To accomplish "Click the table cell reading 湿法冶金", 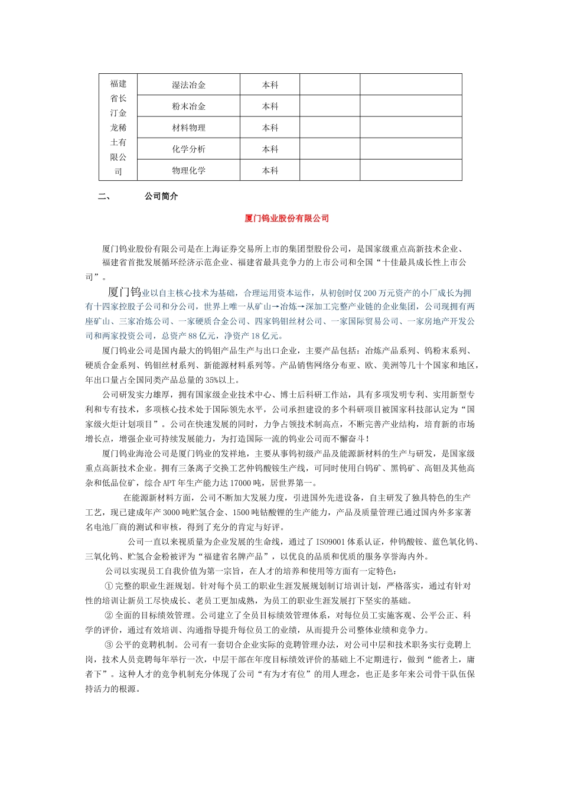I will [x=188, y=85].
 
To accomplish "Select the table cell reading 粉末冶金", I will [x=188, y=106].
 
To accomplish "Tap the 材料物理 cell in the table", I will [x=188, y=128].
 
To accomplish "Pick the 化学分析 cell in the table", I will [x=188, y=149].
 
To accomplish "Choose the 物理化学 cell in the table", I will [x=188, y=170].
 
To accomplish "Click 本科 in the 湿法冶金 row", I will [x=270, y=85].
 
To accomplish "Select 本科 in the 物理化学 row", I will [x=270, y=170].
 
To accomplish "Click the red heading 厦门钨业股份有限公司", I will [x=286, y=219].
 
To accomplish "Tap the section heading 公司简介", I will [x=161, y=196].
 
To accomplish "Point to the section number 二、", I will [x=104, y=196].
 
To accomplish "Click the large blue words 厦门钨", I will [x=124, y=292].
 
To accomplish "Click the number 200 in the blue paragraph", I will [x=370, y=293].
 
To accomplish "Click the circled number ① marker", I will [x=109, y=586].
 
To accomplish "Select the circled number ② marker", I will [x=109, y=616].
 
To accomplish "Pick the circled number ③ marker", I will [x=109, y=645].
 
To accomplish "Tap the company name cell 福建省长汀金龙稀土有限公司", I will [x=118, y=127].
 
